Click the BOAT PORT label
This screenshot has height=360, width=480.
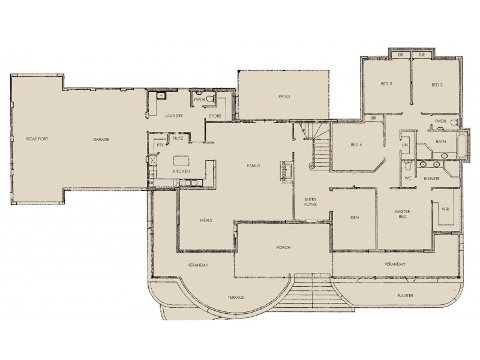(x=37, y=139)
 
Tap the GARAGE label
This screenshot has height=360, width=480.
(x=101, y=139)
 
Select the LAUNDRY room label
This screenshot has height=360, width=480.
(x=173, y=115)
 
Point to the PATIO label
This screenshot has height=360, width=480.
(x=284, y=96)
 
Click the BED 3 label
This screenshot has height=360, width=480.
(x=386, y=85)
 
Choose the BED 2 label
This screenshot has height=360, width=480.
(x=437, y=85)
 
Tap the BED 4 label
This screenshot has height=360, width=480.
(x=356, y=145)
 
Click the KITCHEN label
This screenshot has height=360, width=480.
(x=181, y=172)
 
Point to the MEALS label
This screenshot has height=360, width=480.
(x=206, y=220)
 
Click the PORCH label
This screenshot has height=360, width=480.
(x=283, y=247)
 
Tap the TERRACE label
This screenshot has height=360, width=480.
(x=235, y=297)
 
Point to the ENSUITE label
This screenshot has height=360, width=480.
(x=431, y=178)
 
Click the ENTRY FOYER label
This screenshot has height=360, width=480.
(x=310, y=202)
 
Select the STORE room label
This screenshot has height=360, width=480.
(x=215, y=115)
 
